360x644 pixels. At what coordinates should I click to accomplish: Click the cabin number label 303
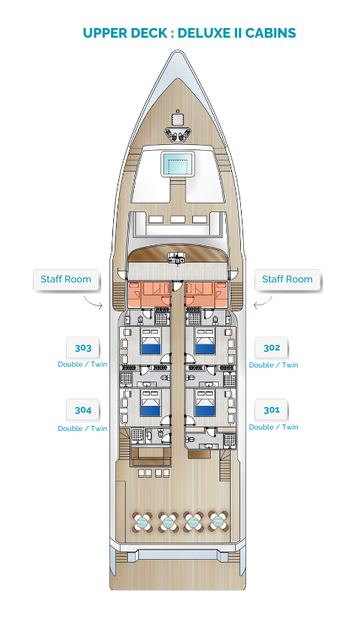point(83,348)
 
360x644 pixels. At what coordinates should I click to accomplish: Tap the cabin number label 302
point(271,348)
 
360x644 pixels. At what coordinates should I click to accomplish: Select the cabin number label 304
point(83,410)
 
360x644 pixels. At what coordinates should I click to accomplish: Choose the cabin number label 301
point(271,410)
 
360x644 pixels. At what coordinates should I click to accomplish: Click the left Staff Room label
point(66,279)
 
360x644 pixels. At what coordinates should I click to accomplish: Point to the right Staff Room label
point(288,279)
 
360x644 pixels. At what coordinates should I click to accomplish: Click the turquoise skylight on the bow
point(177,163)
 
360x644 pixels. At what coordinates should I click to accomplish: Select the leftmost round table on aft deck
point(143,522)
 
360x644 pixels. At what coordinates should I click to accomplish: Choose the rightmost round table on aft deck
point(218,522)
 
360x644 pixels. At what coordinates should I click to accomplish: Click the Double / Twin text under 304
point(83,428)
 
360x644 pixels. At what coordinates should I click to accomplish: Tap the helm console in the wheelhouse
point(177,258)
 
